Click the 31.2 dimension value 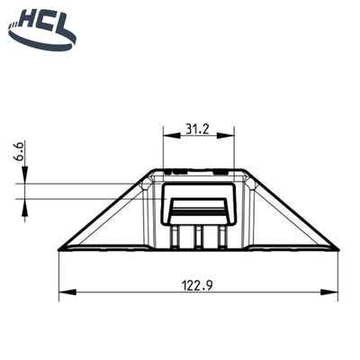197,130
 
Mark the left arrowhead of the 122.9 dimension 63,292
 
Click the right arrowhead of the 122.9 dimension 333,292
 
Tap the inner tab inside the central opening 198,211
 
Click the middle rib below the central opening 198,236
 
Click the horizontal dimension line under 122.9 135,292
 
